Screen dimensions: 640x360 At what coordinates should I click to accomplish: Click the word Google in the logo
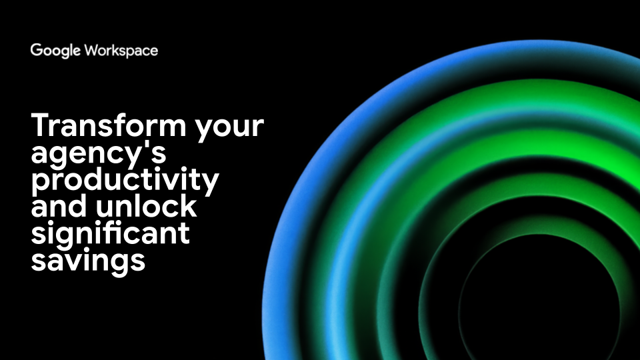[x=55, y=51]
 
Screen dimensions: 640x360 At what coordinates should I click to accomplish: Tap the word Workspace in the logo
[x=121, y=51]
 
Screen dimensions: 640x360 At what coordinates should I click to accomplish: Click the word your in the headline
[x=229, y=129]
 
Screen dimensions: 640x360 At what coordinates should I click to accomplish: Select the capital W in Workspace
[x=92, y=50]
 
